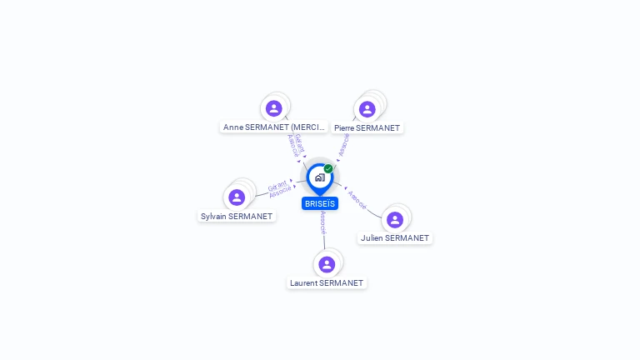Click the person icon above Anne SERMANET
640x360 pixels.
(x=274, y=108)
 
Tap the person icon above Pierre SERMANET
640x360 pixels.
(x=367, y=109)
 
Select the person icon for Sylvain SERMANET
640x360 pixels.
(x=237, y=197)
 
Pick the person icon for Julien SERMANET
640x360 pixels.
(x=395, y=219)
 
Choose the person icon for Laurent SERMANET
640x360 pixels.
(x=327, y=264)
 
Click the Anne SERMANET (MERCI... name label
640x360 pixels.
(x=273, y=127)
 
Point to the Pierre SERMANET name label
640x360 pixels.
(x=367, y=128)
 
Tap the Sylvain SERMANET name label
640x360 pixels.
(x=237, y=216)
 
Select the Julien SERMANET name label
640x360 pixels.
(x=395, y=237)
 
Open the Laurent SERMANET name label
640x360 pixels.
(x=327, y=282)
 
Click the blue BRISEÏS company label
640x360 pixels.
(x=320, y=203)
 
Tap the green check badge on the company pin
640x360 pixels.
(x=328, y=169)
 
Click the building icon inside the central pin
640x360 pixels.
(x=319, y=177)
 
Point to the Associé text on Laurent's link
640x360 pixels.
(x=322, y=222)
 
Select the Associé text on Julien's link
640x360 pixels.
(x=357, y=199)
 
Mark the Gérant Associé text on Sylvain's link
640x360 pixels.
(x=279, y=188)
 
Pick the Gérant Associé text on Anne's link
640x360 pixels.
(x=295, y=145)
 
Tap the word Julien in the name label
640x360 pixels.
(x=373, y=237)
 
